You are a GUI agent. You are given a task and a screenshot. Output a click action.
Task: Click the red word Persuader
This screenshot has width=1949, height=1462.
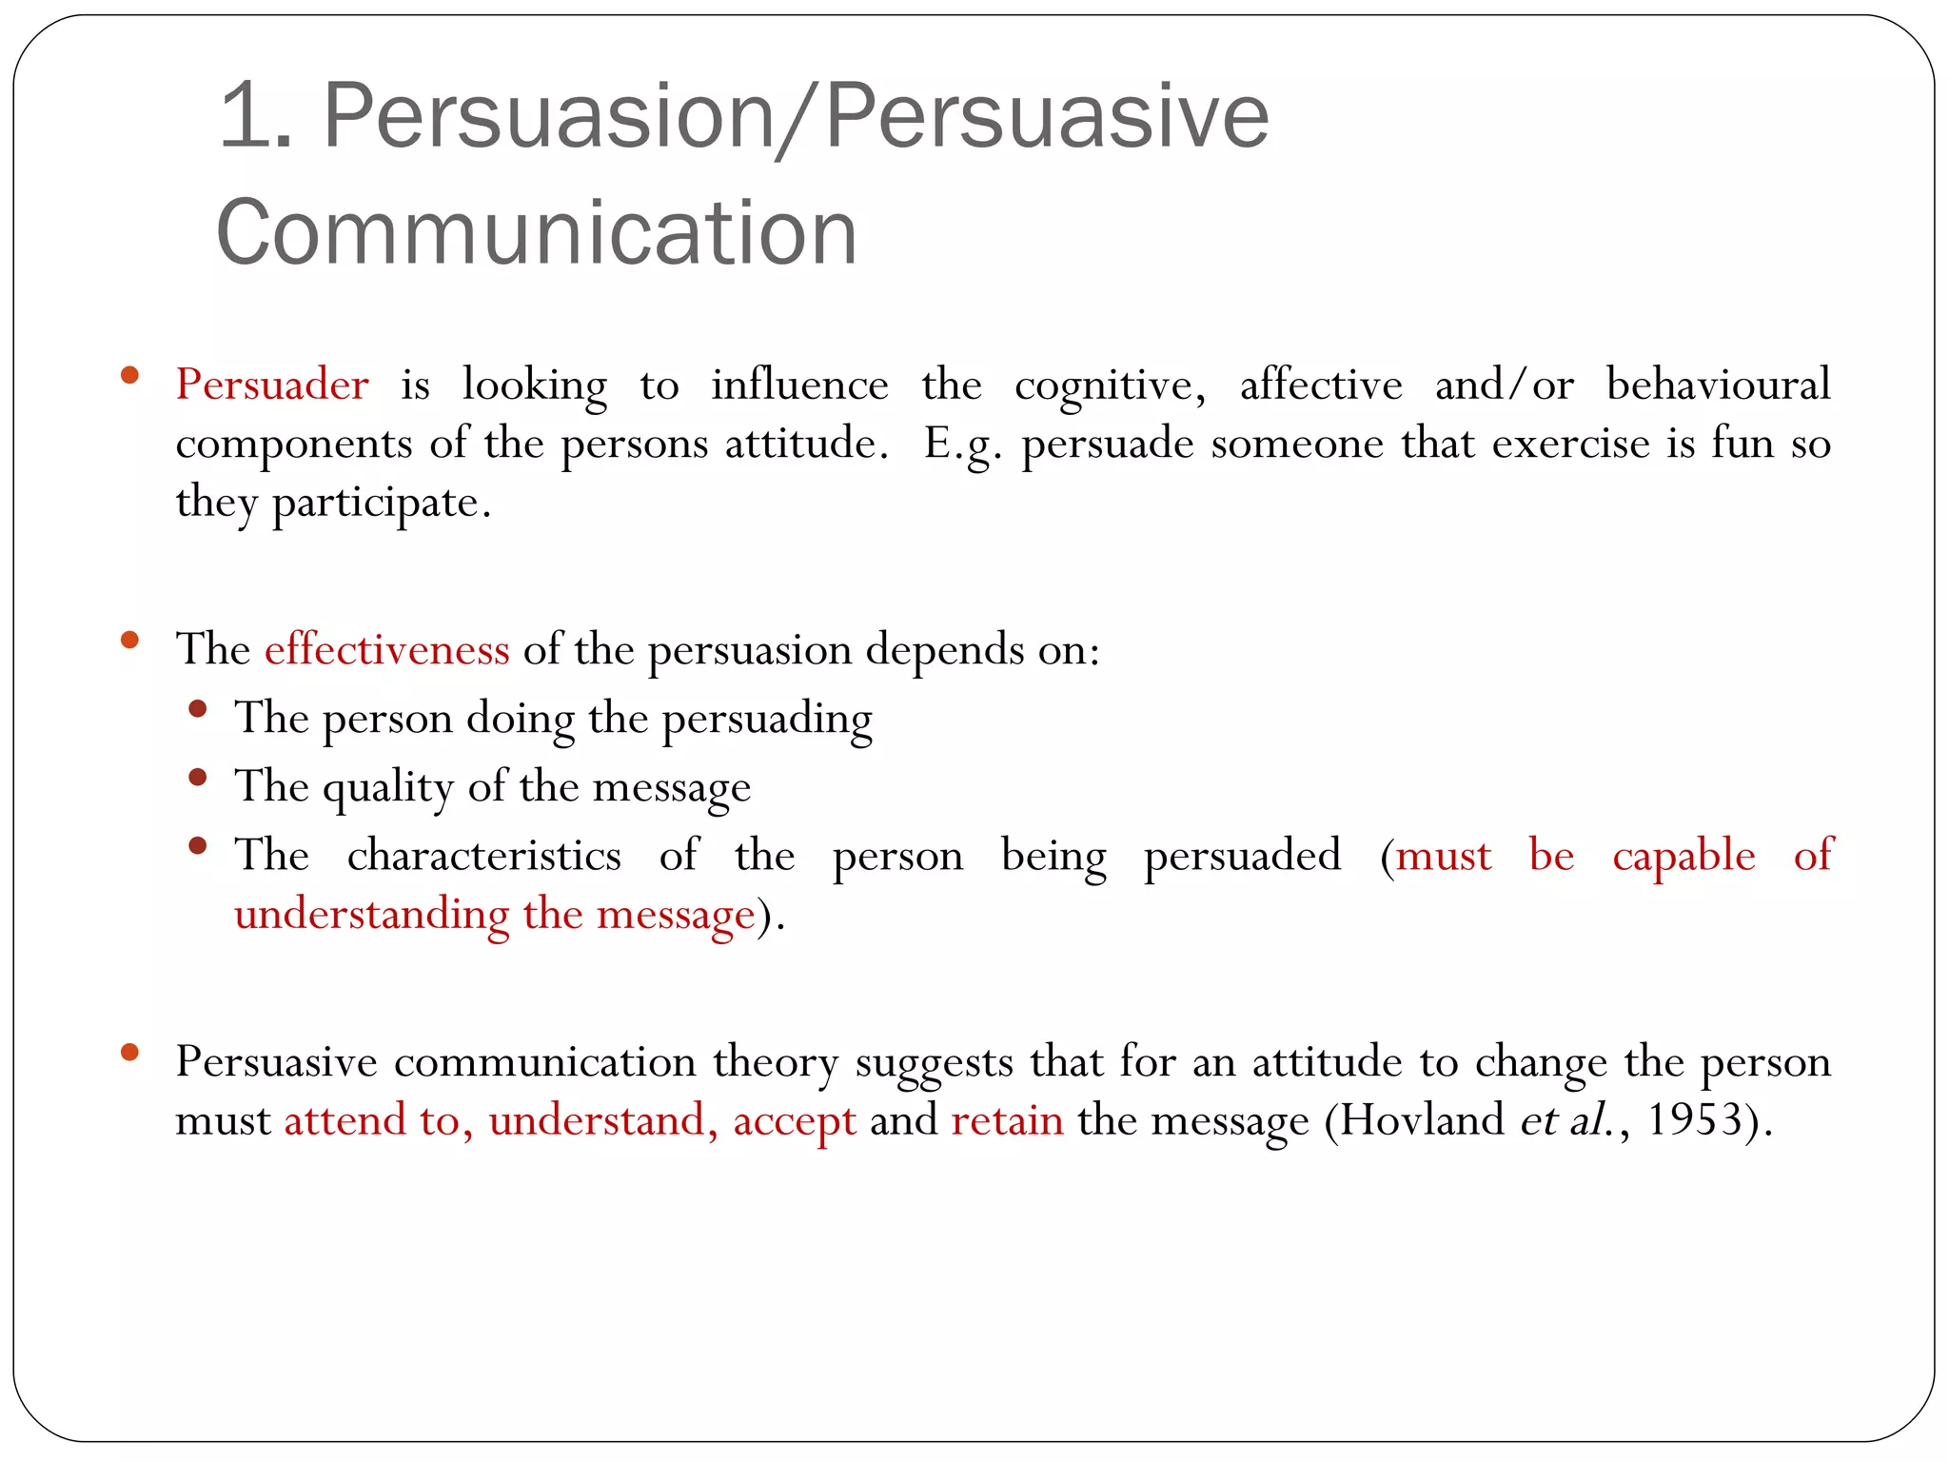pyautogui.click(x=272, y=385)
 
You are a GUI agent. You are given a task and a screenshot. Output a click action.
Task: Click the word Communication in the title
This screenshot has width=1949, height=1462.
pyautogui.click(x=537, y=232)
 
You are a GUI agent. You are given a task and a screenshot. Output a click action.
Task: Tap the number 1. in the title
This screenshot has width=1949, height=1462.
pyautogui.click(x=255, y=116)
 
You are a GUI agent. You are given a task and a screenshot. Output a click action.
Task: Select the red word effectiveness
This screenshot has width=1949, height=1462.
pyautogui.click(x=386, y=649)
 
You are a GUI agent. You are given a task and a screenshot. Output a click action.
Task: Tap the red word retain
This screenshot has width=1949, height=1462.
pyautogui.click(x=1007, y=1120)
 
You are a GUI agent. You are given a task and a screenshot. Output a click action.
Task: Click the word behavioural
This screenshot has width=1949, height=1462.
pyautogui.click(x=1718, y=385)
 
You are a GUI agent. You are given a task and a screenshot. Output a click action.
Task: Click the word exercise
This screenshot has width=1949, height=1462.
pyautogui.click(x=1570, y=445)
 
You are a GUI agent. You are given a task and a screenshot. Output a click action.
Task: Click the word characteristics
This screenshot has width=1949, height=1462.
pyautogui.click(x=483, y=855)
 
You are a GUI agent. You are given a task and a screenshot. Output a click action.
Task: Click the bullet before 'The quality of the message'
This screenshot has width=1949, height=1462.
pyautogui.click(x=198, y=778)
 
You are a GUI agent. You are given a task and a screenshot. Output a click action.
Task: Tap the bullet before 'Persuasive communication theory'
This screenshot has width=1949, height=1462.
pyautogui.click(x=130, y=1053)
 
